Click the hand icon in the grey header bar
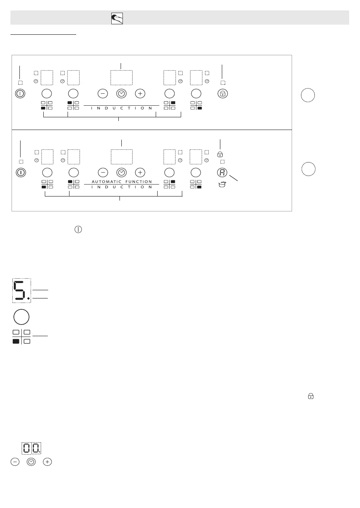(x=117, y=18)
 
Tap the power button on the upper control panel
(x=20, y=93)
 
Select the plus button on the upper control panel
(x=140, y=93)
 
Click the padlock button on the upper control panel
(x=223, y=93)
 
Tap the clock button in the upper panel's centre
(x=121, y=93)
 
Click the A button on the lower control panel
(x=222, y=173)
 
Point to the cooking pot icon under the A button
(x=222, y=184)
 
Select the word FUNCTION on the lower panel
(x=139, y=182)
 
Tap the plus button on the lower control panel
(x=140, y=173)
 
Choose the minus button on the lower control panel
(x=103, y=173)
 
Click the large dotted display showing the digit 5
(x=21, y=290)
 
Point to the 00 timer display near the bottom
(x=31, y=448)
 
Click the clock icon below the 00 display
(x=31, y=462)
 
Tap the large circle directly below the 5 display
(x=21, y=317)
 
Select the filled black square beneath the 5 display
(x=16, y=341)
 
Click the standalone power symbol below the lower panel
(x=78, y=230)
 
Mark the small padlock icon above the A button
(x=220, y=154)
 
